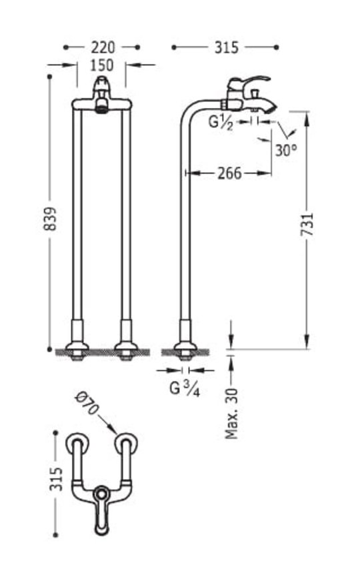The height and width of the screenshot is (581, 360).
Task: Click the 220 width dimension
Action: pyautogui.click(x=103, y=47)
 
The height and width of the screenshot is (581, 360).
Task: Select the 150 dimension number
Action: pyautogui.click(x=102, y=65)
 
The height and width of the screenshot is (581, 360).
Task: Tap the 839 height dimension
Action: pyautogui.click(x=51, y=219)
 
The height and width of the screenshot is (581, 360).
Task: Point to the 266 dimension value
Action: pyautogui.click(x=229, y=173)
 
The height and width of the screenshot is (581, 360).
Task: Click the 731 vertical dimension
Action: pyautogui.click(x=307, y=224)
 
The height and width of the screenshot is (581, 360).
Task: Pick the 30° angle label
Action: pyautogui.click(x=286, y=150)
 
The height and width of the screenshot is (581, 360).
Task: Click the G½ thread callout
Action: pyautogui.click(x=221, y=122)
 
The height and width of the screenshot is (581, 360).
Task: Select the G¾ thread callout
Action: pyautogui.click(x=185, y=389)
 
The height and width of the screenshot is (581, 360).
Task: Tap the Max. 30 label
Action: pyautogui.click(x=232, y=414)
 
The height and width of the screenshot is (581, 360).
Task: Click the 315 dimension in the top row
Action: pyautogui.click(x=227, y=47)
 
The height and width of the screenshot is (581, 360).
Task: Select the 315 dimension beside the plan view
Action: pyautogui.click(x=56, y=479)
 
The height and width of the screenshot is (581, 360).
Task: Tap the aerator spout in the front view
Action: pyautogui.click(x=101, y=108)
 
